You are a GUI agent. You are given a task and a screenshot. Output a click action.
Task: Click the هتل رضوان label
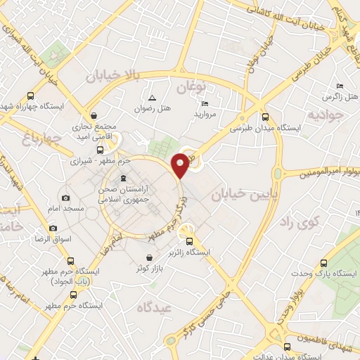coord(153,109)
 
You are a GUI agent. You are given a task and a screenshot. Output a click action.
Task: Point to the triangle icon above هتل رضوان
coord(153,97)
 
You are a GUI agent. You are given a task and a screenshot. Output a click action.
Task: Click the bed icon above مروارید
coord(205,103)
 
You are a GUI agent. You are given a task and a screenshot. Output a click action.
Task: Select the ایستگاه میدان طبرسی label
coord(265,129)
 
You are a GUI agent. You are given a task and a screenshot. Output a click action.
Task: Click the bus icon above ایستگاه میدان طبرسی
coord(264,118)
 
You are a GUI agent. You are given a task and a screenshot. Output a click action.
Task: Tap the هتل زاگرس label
coord(335,96)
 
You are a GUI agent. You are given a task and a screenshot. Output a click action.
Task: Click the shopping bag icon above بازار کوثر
coord(151,257)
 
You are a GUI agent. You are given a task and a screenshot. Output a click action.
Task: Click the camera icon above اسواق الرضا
coord(52,228)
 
